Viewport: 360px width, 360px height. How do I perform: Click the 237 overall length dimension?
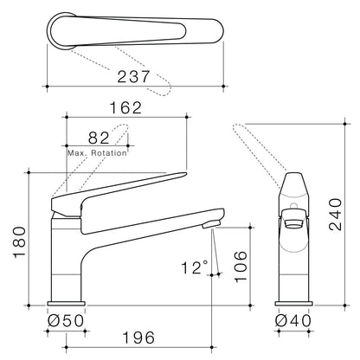tap(133, 77)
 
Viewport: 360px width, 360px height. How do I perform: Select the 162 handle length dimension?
tap(126, 108)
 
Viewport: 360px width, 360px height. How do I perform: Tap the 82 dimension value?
tap(99, 138)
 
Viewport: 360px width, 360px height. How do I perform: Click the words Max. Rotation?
tap(97, 153)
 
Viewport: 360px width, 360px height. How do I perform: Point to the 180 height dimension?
tap(20, 242)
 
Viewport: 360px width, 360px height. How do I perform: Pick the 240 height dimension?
tap(336, 214)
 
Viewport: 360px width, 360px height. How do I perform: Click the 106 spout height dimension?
tap(241, 267)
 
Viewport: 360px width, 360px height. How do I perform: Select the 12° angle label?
tap(195, 267)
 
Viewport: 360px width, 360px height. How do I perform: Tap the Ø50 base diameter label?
tap(66, 320)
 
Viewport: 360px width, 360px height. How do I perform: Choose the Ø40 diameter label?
tap(293, 320)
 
